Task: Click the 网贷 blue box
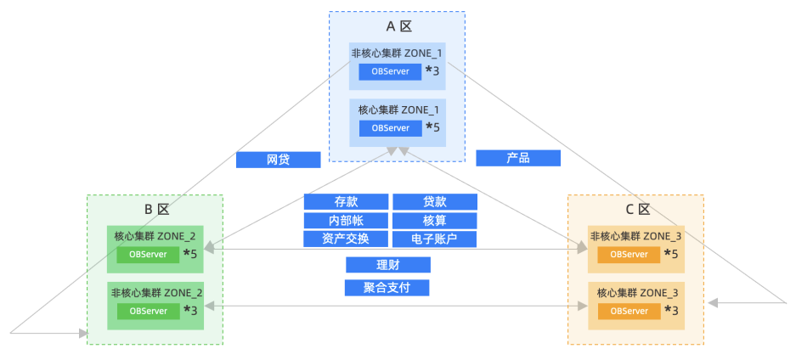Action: click(x=278, y=160)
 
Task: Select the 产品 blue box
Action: click(x=518, y=158)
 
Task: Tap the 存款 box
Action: click(x=347, y=202)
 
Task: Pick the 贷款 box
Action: click(x=435, y=202)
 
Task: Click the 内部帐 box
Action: click(x=347, y=221)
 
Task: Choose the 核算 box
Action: click(x=435, y=221)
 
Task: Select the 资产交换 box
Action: click(x=346, y=239)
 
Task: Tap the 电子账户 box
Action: click(x=435, y=239)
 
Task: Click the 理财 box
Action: click(x=388, y=265)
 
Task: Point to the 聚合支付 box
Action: click(x=387, y=288)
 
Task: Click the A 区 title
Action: click(x=398, y=26)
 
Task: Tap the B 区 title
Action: click(x=155, y=210)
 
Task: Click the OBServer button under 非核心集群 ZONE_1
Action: click(x=391, y=72)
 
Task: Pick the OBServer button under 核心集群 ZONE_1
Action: click(x=391, y=128)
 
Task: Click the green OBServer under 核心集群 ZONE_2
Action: click(x=148, y=255)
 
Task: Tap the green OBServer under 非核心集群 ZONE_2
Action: click(x=149, y=311)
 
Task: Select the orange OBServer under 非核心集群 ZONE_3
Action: click(x=629, y=255)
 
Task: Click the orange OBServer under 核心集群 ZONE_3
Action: click(x=629, y=311)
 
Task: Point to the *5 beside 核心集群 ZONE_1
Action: click(x=433, y=127)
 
